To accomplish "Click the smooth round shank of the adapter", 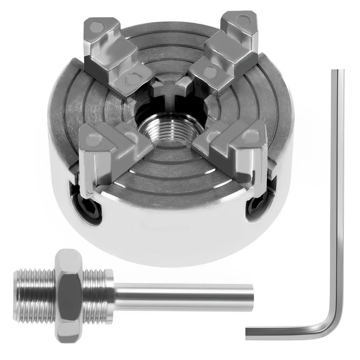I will (183, 297).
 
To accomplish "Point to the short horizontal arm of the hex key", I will (281, 332).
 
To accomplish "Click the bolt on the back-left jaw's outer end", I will (96, 26).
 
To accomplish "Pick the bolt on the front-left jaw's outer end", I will (92, 140).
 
